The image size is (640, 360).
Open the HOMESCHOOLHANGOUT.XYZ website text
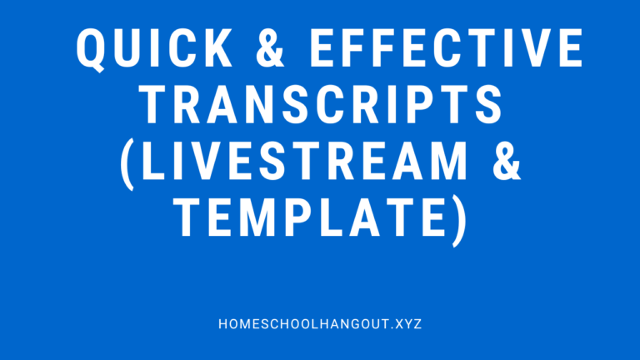(319, 322)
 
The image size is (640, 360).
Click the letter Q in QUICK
(92, 50)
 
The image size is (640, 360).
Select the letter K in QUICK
(224, 49)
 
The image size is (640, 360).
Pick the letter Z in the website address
(417, 322)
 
